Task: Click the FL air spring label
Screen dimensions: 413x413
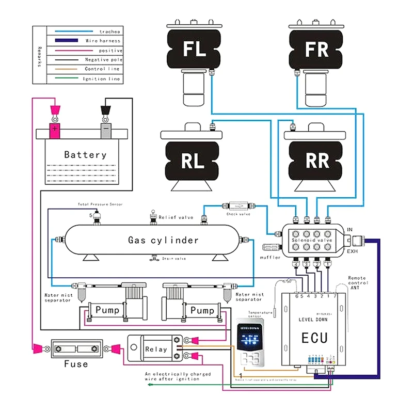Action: coord(195,50)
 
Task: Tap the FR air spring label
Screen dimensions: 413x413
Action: coord(316,50)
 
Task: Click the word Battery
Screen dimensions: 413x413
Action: coord(85,154)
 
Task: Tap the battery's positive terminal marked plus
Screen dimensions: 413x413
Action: coord(54,129)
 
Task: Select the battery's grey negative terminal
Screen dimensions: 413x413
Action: coord(105,129)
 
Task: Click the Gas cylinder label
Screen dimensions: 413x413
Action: coord(163,240)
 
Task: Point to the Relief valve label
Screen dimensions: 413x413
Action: coord(176,217)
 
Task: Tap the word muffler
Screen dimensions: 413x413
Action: coord(270,257)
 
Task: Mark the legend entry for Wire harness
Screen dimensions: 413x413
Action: coord(103,41)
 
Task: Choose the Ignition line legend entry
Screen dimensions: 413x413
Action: coord(101,78)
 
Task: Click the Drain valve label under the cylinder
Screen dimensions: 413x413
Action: coord(173,259)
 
